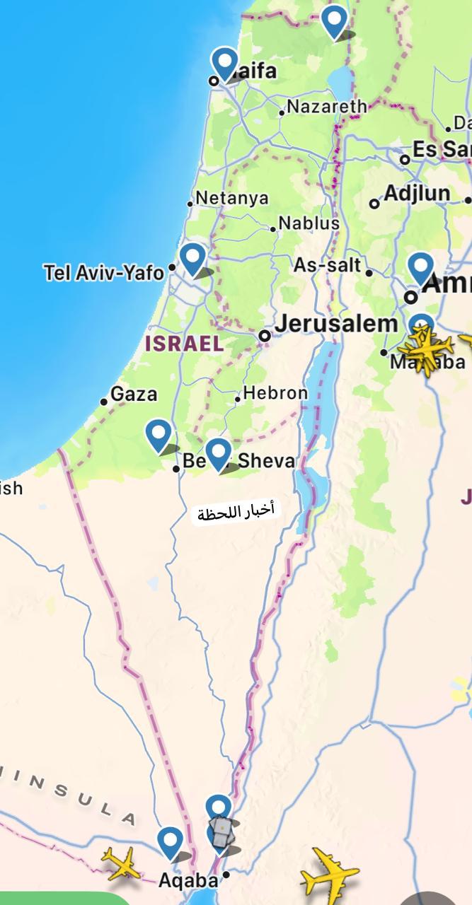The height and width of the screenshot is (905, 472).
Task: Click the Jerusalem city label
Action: click(336, 325)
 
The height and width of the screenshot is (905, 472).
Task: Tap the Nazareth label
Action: click(328, 107)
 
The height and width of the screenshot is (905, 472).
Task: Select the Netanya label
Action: click(232, 198)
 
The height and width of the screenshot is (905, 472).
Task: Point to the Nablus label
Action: click(309, 223)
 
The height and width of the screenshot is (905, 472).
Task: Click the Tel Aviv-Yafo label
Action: click(103, 272)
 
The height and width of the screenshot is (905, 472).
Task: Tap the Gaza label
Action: click(134, 394)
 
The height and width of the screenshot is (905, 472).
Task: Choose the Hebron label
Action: click(275, 393)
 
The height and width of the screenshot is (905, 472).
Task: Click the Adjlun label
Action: click(417, 194)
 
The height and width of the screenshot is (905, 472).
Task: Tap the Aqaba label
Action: click(188, 881)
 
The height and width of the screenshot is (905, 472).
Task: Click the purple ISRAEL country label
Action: click(184, 344)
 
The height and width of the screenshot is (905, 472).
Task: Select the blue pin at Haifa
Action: click(225, 63)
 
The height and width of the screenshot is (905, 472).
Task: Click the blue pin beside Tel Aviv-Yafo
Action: click(192, 258)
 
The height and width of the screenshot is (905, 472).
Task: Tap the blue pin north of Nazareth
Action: click(335, 21)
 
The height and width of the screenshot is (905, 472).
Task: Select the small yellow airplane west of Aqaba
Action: click(122, 863)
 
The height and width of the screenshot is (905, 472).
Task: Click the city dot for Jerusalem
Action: click(265, 336)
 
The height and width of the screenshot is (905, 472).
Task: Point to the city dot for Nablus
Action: click(273, 229)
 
